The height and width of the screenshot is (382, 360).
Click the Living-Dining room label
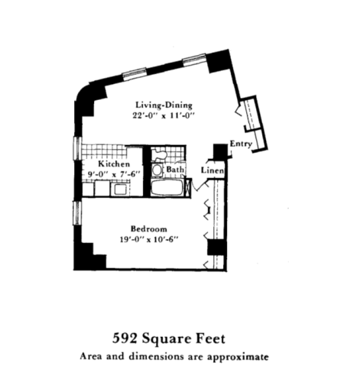point(164,105)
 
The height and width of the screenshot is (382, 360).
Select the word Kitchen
point(112,164)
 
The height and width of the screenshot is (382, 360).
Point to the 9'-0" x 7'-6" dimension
point(112,174)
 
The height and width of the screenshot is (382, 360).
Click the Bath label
point(175,170)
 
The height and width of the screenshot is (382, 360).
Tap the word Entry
point(240,143)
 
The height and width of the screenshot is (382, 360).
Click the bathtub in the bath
point(167,188)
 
